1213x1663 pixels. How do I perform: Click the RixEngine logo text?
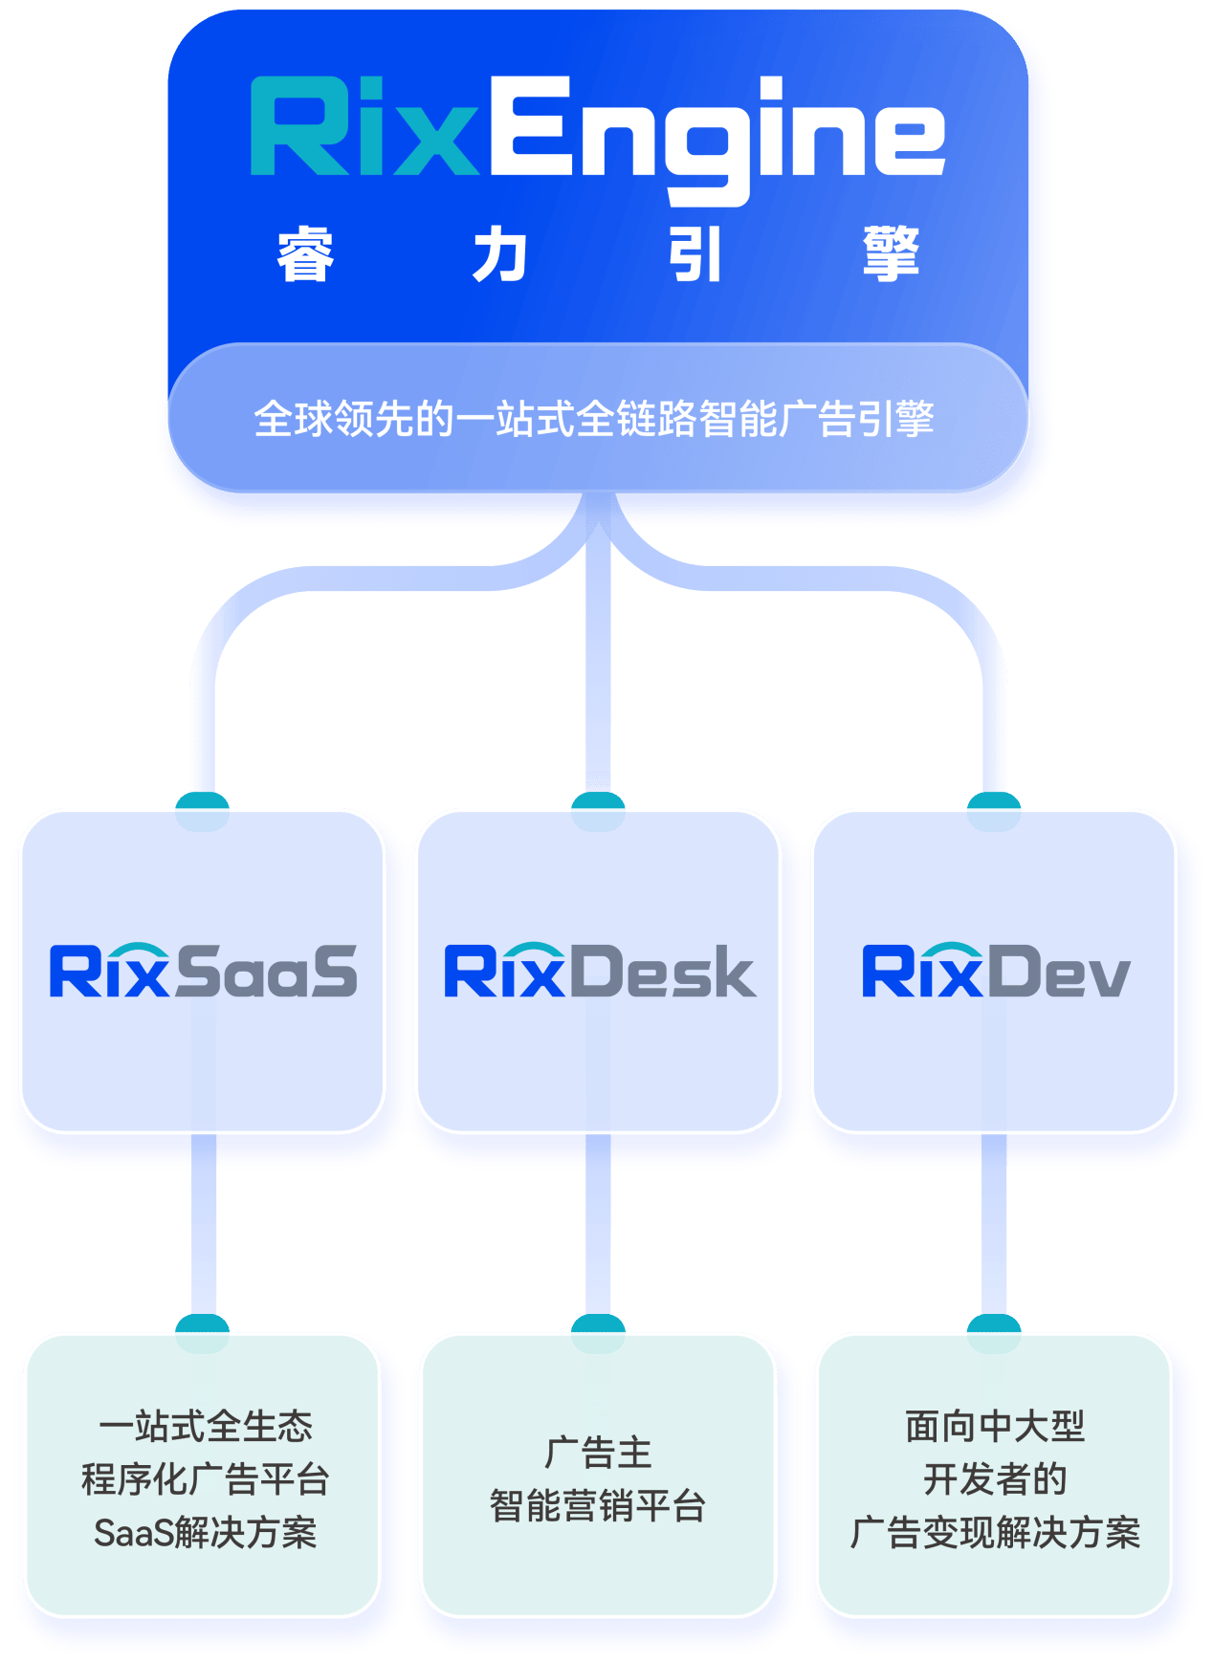click(597, 134)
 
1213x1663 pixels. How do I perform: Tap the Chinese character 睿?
click(305, 255)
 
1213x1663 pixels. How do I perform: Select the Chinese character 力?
click(499, 255)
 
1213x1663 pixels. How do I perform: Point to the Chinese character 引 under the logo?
click(695, 255)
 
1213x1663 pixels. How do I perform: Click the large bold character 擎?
click(891, 254)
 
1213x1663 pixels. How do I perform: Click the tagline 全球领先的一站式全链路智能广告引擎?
click(594, 419)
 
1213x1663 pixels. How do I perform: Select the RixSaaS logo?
click(203, 972)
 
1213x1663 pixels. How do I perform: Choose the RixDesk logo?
click(600, 972)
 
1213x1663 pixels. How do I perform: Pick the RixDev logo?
click(996, 972)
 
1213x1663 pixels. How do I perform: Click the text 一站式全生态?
click(205, 1426)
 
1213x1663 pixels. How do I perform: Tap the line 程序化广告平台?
click(205, 1479)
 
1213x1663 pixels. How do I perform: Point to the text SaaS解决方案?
click(205, 1533)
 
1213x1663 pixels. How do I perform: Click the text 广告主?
click(598, 1453)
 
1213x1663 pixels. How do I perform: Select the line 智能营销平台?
click(598, 1506)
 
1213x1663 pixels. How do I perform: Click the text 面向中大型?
click(995, 1426)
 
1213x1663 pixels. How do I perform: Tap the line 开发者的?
click(995, 1479)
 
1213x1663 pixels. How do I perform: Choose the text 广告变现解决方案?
click(995, 1533)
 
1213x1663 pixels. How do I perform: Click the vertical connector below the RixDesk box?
click(598, 1224)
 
